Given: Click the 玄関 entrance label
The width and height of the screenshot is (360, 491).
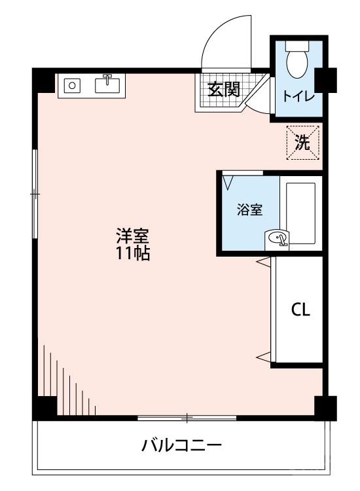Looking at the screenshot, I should tap(223, 89).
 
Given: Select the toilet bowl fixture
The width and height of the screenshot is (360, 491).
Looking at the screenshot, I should tap(298, 60).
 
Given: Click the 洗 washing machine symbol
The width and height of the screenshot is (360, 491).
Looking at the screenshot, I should tap(302, 143).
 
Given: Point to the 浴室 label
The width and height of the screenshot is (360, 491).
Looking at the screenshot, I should tap(249, 210).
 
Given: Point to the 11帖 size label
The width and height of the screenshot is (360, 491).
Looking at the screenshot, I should tap(133, 254).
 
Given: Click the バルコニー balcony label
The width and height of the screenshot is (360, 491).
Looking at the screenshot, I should tap(182, 446).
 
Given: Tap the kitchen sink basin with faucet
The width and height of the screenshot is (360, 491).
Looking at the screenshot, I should tap(109, 84).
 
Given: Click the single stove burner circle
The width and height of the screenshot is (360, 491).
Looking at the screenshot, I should tap(72, 85).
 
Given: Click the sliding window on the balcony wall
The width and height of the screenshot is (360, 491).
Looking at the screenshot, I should tap(187, 417).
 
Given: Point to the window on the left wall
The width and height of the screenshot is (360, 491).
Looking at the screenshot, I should tap(35, 194).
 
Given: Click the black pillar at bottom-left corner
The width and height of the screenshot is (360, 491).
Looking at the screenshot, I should tap(44, 407).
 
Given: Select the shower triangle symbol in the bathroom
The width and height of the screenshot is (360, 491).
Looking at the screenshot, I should tap(228, 181).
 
